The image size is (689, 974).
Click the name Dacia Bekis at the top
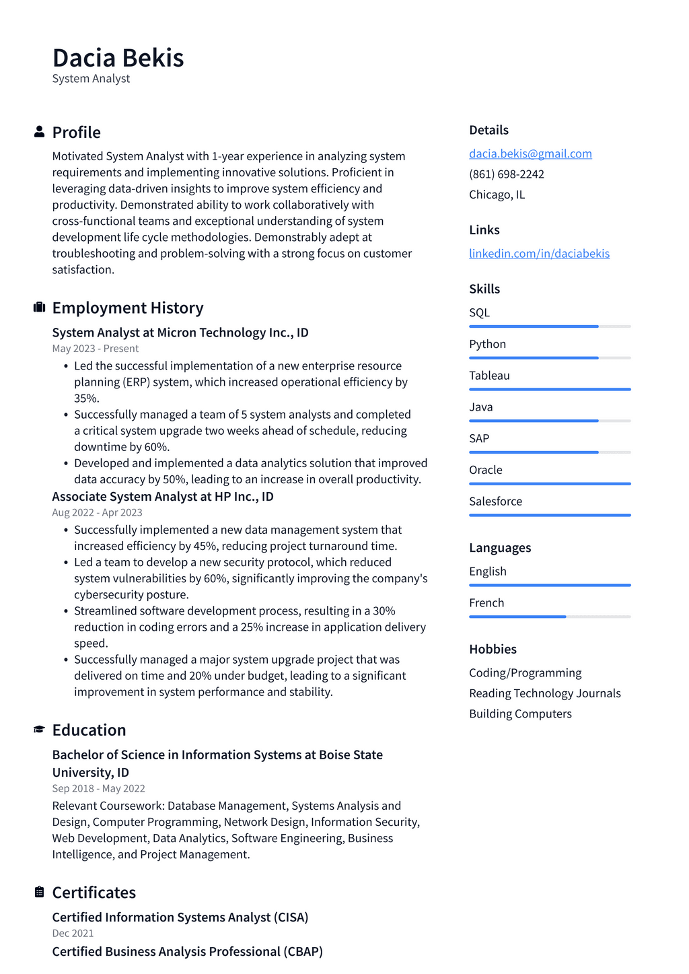[118, 58]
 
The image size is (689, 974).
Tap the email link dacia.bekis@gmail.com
[530, 153]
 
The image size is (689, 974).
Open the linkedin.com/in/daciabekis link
[539, 253]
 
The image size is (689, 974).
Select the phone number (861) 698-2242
[506, 174]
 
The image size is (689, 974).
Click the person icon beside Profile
[39, 132]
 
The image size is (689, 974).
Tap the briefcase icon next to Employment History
[39, 308]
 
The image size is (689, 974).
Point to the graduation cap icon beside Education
[39, 730]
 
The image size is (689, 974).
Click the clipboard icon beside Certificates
[39, 892]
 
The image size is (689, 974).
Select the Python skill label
[487, 344]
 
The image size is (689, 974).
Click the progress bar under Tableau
[550, 389]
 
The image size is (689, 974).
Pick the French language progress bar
[550, 617]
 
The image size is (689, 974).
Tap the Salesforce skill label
[495, 501]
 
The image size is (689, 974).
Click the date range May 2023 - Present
[95, 349]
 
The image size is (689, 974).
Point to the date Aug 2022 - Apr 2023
[97, 512]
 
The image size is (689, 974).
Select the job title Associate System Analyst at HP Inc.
[162, 496]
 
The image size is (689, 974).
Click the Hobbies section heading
[493, 649]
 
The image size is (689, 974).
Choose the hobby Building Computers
[520, 714]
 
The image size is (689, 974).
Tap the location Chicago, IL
[497, 195]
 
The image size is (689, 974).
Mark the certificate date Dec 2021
[73, 933]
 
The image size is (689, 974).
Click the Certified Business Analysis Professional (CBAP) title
[187, 951]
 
